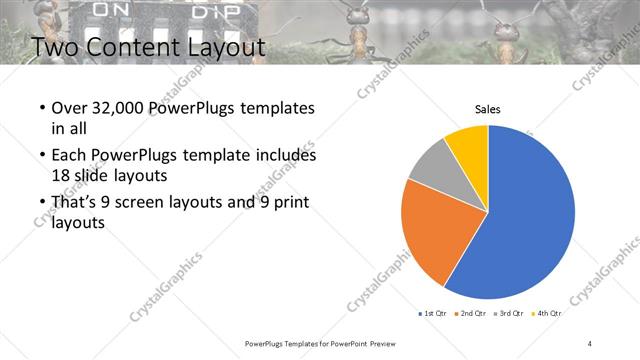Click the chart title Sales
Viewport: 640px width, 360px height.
(x=487, y=109)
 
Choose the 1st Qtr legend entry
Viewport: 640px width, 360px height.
(x=432, y=313)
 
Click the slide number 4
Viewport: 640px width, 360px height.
(x=590, y=343)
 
